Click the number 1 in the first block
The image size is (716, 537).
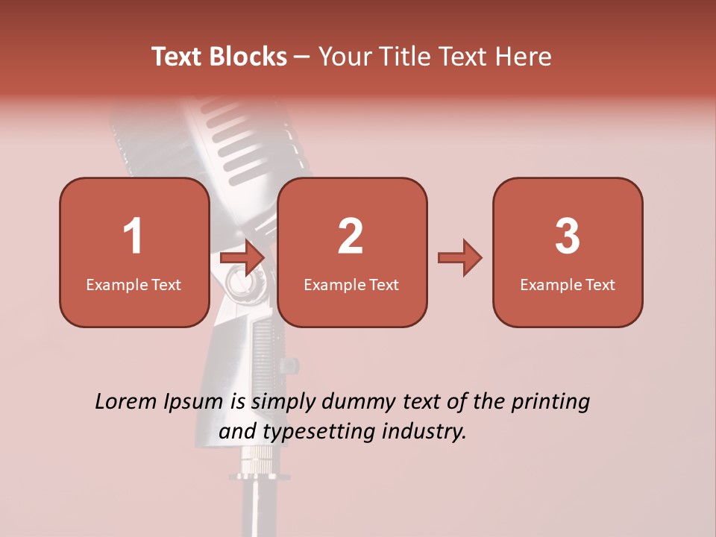click(134, 236)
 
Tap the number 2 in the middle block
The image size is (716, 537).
click(351, 236)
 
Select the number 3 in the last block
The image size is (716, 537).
click(568, 236)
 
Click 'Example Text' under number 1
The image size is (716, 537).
click(134, 285)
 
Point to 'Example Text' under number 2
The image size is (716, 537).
click(351, 285)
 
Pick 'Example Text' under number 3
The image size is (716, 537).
click(568, 285)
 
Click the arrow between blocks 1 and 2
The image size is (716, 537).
click(242, 258)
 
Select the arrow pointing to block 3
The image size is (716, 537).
click(459, 258)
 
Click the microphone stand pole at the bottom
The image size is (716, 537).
click(254, 507)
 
